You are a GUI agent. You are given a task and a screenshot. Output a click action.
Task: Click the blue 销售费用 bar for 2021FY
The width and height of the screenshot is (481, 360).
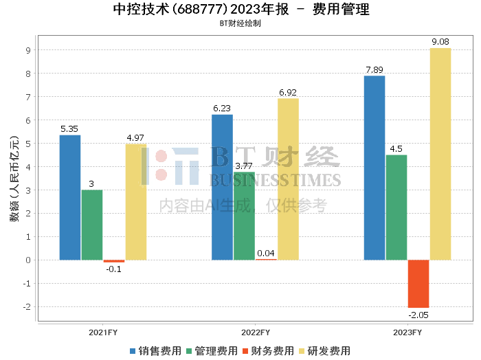click(70, 197)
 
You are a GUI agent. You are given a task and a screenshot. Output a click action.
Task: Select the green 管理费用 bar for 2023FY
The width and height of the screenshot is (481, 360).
click(396, 207)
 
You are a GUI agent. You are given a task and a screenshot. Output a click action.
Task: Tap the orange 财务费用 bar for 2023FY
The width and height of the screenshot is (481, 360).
click(418, 284)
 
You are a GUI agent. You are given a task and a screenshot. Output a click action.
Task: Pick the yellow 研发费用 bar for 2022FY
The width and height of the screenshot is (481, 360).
click(288, 179)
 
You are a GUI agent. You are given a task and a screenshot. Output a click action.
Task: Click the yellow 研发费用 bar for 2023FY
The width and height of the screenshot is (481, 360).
click(440, 154)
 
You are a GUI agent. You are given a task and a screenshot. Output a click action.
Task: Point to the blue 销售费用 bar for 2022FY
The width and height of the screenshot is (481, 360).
click(222, 187)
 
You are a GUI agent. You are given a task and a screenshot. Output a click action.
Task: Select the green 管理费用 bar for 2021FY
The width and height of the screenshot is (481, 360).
click(92, 225)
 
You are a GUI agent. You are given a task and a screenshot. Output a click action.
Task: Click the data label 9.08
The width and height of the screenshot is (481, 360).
click(440, 42)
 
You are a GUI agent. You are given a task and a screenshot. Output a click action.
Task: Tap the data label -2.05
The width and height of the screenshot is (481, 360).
click(418, 315)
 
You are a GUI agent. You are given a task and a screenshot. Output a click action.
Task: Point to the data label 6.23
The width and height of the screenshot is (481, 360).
click(222, 108)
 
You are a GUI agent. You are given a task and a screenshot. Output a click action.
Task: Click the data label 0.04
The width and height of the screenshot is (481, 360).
click(266, 253)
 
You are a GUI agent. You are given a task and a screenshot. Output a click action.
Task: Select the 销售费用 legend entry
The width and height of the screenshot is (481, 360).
click(155, 350)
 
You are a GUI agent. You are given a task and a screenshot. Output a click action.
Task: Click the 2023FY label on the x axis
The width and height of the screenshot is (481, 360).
click(407, 332)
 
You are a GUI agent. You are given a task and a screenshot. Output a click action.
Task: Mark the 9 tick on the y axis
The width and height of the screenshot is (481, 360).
click(27, 50)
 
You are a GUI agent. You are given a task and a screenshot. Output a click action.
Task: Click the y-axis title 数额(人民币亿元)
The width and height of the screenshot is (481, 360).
click(14, 179)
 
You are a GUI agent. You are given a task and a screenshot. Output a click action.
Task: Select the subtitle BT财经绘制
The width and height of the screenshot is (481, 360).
click(240, 23)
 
